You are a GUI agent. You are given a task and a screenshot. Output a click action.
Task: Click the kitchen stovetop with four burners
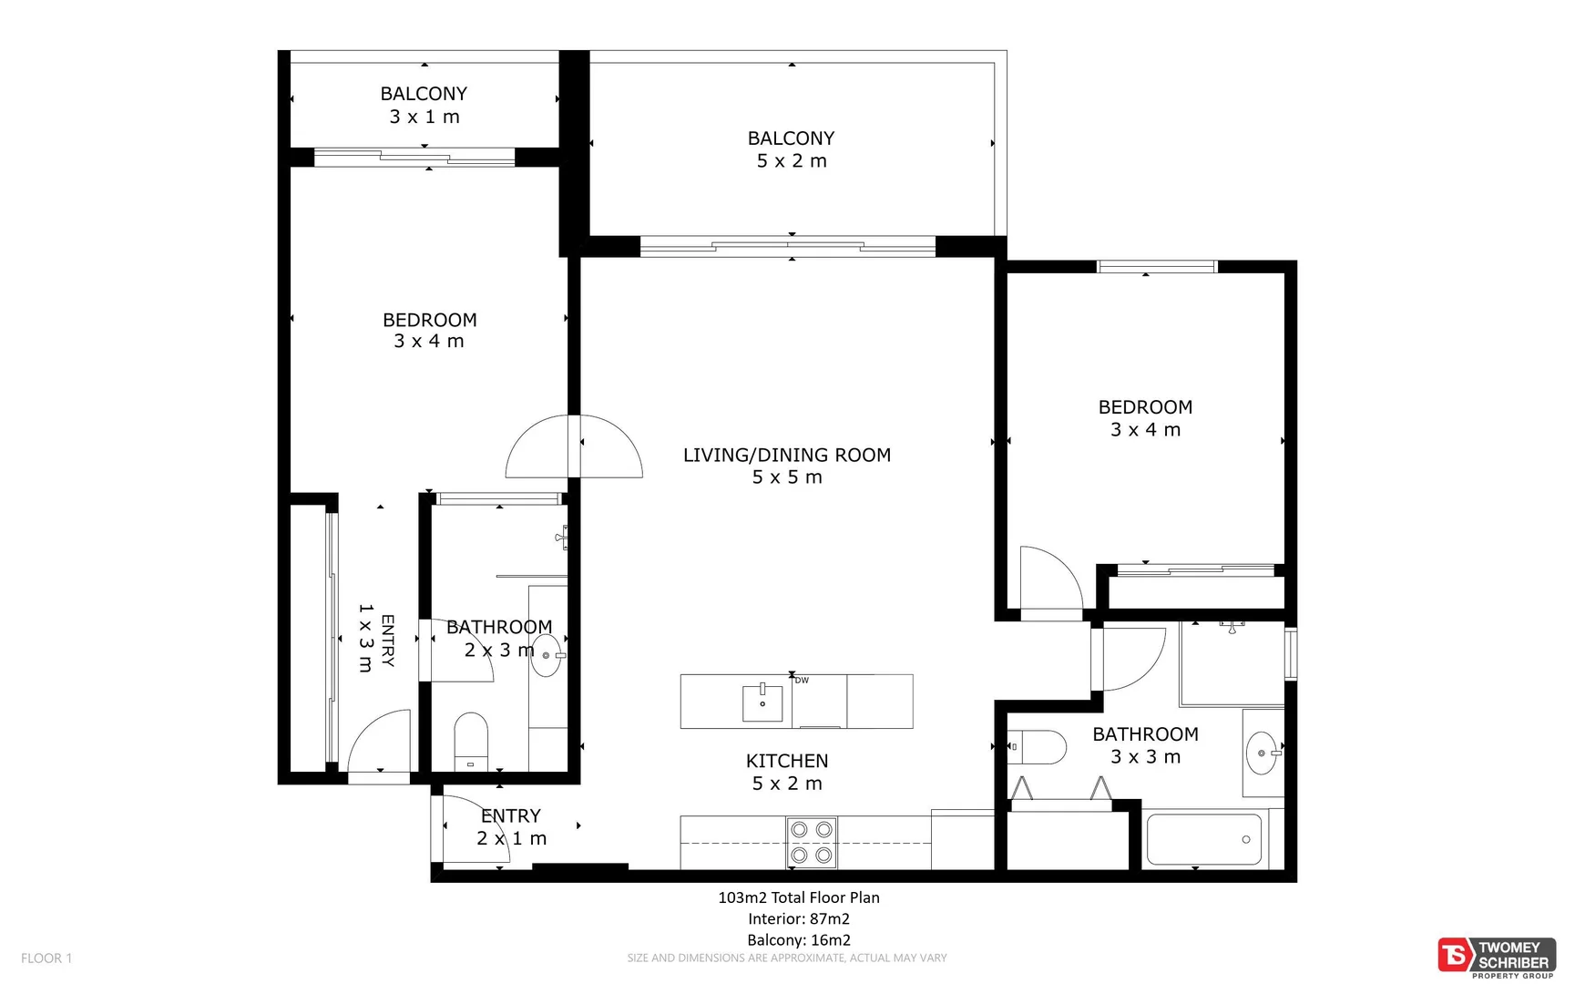coord(812,842)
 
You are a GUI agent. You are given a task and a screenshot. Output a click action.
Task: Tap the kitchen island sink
coord(762,702)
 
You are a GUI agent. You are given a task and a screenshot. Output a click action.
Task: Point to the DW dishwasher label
coord(802,681)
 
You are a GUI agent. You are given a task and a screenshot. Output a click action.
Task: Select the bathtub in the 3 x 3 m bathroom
coord(1203,839)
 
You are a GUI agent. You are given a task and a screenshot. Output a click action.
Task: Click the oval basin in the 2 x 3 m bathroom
coord(547,655)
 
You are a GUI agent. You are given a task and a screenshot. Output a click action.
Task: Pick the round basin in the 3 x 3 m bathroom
coord(1262,753)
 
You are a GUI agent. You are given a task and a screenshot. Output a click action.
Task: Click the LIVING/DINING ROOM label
coord(787,455)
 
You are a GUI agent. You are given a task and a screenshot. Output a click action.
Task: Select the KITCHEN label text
coord(787,761)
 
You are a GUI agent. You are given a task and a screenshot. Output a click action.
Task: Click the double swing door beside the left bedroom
coord(574,446)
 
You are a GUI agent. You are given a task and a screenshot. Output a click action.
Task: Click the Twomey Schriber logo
coord(1496,957)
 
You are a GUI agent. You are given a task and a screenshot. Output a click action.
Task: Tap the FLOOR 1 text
coord(46,958)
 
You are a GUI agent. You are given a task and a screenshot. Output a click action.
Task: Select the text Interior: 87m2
coord(799,918)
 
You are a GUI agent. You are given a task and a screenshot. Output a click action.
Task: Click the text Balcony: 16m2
coord(799,940)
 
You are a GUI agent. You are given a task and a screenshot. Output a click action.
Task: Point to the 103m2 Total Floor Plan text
coord(799,897)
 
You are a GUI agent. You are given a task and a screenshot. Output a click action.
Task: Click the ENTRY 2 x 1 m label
coord(511,826)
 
